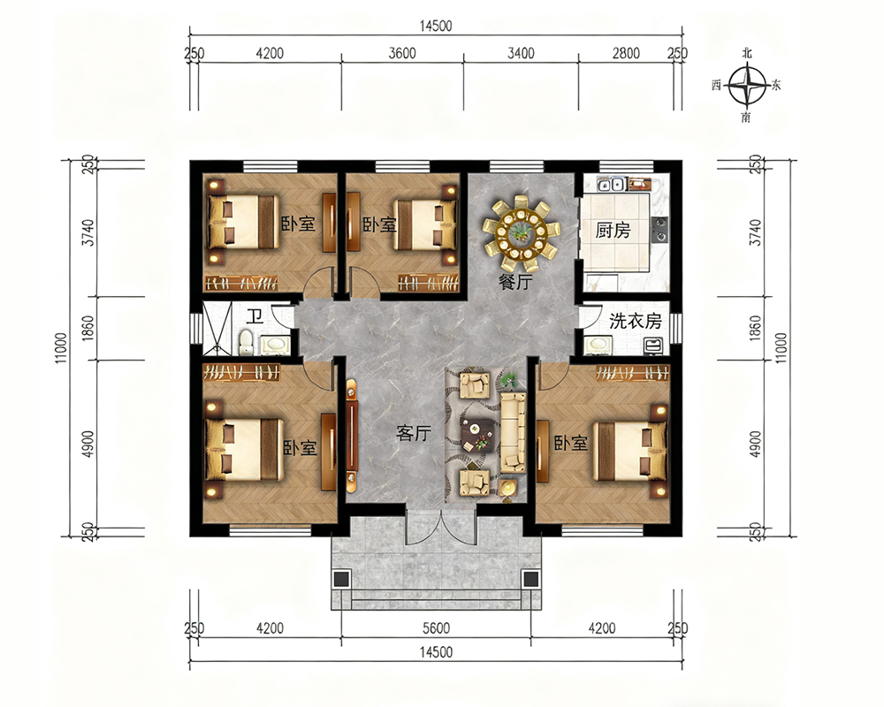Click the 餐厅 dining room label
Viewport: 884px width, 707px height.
(515, 282)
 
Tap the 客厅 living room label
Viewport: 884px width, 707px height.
(413, 433)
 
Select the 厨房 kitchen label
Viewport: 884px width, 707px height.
(613, 230)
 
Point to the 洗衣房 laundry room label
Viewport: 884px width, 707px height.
(636, 321)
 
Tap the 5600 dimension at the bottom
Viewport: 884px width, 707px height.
(436, 628)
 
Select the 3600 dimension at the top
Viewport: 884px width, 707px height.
(402, 54)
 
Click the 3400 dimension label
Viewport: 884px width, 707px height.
(521, 54)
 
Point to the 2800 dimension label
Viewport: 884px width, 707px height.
(626, 54)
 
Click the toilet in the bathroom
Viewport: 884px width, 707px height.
(245, 343)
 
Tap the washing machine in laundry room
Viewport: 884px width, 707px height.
(653, 346)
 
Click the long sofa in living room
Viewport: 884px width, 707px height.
(513, 432)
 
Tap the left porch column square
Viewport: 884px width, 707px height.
(340, 579)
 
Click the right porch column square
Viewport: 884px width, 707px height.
(530, 579)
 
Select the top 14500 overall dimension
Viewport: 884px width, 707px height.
(436, 26)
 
